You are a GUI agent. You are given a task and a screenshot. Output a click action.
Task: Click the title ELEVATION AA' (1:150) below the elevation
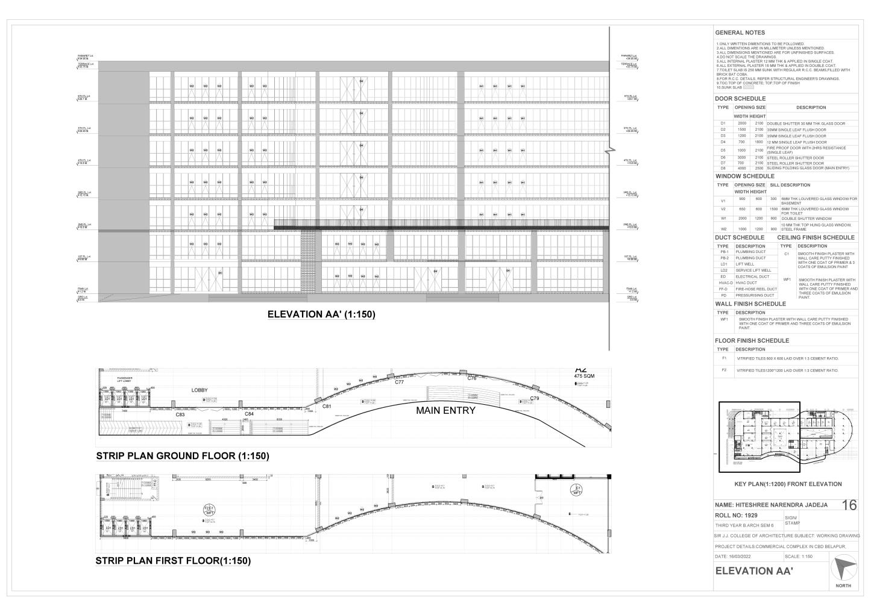tap(321, 314)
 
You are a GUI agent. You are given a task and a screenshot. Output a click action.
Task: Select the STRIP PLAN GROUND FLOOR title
tap(182, 456)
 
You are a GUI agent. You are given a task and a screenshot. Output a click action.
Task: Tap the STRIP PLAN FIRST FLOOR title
tap(173, 561)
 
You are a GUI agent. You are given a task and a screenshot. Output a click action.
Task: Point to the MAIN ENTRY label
tap(445, 411)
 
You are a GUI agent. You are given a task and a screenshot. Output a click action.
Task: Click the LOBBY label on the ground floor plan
tap(200, 390)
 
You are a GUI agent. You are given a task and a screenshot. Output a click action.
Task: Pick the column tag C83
tap(180, 414)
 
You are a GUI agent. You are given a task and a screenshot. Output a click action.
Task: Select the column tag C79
tap(534, 399)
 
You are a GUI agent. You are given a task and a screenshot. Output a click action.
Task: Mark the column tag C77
tap(399, 382)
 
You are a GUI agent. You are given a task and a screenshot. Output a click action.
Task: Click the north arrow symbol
tap(842, 570)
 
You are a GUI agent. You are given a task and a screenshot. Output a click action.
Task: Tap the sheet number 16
tap(848, 505)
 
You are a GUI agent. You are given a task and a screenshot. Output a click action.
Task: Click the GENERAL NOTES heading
tap(740, 33)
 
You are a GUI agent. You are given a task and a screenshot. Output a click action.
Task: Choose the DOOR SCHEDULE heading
tap(740, 99)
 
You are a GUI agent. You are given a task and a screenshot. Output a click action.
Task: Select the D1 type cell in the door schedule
tap(723, 123)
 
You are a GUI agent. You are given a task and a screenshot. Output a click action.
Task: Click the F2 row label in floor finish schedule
tap(724, 370)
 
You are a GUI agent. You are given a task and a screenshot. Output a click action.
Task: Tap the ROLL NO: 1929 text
tap(736, 516)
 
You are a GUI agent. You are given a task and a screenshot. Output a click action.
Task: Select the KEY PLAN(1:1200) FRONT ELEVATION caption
tap(788, 484)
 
